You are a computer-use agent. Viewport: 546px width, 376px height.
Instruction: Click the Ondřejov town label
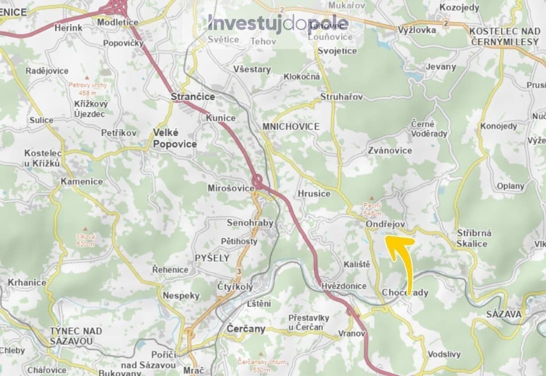click(385, 225)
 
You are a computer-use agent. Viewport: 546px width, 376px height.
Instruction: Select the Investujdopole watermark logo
click(278, 23)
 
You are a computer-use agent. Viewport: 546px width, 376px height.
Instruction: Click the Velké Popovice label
click(175, 138)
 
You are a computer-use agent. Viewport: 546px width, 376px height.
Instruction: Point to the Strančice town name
click(193, 97)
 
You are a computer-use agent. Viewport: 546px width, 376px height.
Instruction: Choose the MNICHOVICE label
click(291, 126)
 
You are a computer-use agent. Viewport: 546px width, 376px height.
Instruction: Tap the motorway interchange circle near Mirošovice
click(257, 180)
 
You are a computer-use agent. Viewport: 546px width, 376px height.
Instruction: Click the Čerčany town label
click(246, 329)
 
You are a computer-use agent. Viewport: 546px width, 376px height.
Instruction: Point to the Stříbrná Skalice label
click(474, 238)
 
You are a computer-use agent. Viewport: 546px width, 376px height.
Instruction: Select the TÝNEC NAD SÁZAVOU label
click(76, 336)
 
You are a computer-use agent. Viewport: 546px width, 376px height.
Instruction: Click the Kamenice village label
click(82, 181)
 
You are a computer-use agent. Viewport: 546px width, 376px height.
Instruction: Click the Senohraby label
click(250, 223)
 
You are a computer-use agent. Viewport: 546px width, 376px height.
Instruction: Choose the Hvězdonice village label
click(344, 286)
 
